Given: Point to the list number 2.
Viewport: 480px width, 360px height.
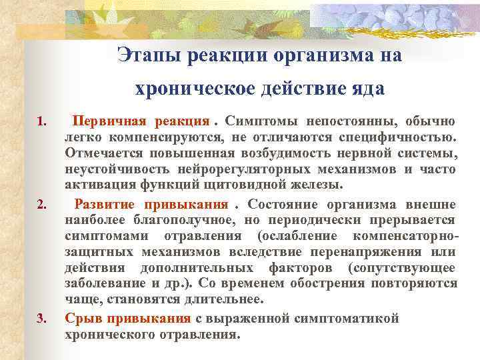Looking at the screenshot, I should click(x=41, y=205).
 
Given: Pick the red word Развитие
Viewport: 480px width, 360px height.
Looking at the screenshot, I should click(x=104, y=204).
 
